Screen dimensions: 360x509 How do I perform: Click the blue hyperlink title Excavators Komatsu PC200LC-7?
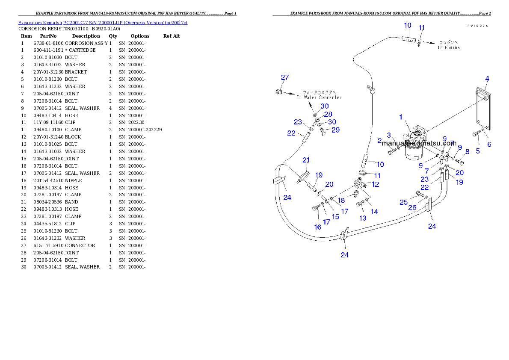[103, 22]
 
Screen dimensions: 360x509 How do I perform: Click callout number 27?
[285, 77]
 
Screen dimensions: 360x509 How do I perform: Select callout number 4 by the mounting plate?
[487, 78]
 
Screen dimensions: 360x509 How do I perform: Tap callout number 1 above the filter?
[401, 117]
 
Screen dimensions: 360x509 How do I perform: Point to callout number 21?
[306, 160]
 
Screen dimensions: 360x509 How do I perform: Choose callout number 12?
[375, 184]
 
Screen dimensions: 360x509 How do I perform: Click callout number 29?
[335, 130]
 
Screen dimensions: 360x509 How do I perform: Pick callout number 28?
[328, 114]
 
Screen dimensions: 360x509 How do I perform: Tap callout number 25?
[403, 202]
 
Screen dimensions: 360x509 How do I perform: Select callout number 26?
[412, 207]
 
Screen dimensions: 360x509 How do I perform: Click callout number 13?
[363, 218]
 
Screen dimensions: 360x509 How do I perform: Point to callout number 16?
[318, 227]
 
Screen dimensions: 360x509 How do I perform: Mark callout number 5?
[478, 150]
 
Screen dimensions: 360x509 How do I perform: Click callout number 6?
[489, 145]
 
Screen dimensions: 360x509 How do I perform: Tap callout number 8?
[467, 151]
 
